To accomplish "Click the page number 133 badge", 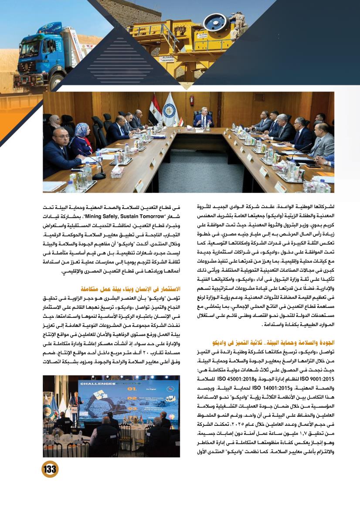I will [50, 469].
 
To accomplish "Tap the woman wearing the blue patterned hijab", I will [81, 138].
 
